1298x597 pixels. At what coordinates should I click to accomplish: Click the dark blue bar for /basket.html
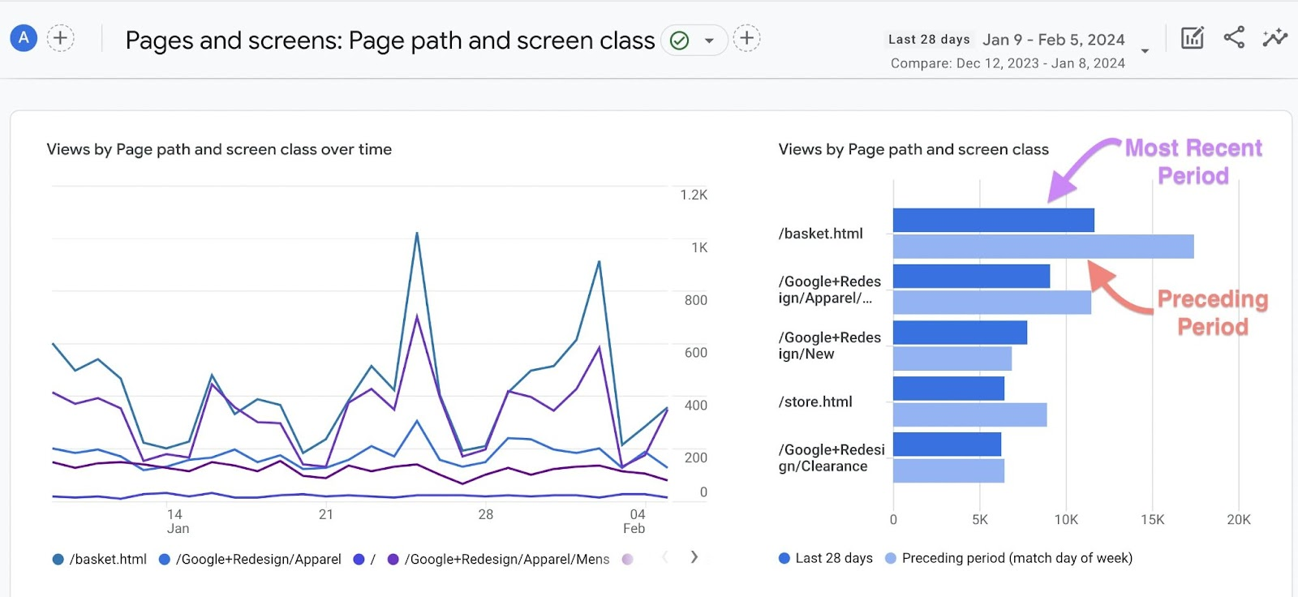(993, 220)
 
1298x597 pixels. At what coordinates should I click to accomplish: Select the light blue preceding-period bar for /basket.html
(1042, 247)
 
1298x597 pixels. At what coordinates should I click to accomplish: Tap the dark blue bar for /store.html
(948, 389)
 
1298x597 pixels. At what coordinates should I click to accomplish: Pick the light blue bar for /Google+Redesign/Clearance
(948, 470)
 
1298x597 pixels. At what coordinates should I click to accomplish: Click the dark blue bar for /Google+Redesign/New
(960, 333)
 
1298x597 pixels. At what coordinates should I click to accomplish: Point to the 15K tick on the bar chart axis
(1152, 520)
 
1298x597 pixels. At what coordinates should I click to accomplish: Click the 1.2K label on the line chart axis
(694, 195)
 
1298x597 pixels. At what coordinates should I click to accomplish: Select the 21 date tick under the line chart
(326, 514)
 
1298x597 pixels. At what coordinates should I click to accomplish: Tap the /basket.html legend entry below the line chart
(100, 559)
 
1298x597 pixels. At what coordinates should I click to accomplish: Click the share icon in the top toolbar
(1234, 37)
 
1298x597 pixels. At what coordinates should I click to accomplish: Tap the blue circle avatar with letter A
(24, 37)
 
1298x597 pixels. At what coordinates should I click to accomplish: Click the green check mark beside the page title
(680, 40)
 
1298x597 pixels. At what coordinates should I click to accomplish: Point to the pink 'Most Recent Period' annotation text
(1193, 161)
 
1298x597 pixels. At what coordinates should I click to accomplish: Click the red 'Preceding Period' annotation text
(1213, 312)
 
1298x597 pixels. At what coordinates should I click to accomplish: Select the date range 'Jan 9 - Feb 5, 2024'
(1053, 40)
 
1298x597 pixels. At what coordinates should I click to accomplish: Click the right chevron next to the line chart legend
(694, 557)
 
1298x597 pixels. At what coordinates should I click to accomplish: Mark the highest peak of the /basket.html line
(417, 234)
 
